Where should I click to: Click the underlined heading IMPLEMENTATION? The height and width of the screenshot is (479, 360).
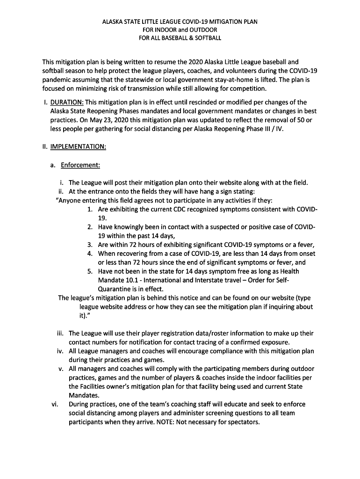point(78,146)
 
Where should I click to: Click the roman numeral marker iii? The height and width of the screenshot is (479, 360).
point(60,334)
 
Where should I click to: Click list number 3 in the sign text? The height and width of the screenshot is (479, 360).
point(90,245)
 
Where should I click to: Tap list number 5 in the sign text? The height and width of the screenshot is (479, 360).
point(90,271)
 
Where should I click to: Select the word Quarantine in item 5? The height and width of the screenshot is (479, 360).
point(114,289)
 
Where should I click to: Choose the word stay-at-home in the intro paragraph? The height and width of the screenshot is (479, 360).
point(234,80)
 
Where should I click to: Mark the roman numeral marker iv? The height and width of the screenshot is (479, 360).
point(60,351)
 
